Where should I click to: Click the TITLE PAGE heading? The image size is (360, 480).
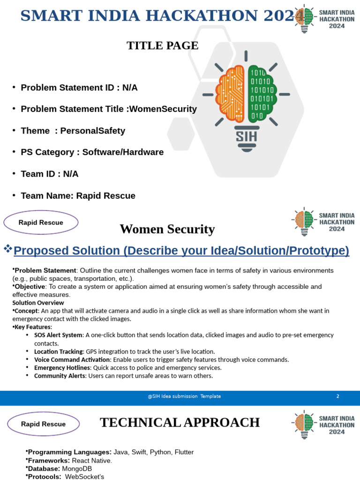click(163, 45)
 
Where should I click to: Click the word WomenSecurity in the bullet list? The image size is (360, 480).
click(163, 109)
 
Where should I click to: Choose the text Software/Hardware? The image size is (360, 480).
click(123, 152)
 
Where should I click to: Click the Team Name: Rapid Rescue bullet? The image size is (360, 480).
click(78, 196)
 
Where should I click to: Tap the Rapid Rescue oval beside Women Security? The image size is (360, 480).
click(41, 223)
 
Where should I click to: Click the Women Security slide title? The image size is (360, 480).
click(167, 229)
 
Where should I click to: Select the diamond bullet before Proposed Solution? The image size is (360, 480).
click(7, 248)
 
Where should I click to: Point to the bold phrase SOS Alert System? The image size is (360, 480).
click(58, 335)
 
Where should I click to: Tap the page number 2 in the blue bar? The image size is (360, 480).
click(337, 397)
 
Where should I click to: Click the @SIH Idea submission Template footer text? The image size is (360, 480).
click(184, 397)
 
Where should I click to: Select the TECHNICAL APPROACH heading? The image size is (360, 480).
click(180, 423)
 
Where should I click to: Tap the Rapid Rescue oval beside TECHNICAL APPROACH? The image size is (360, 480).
click(43, 424)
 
